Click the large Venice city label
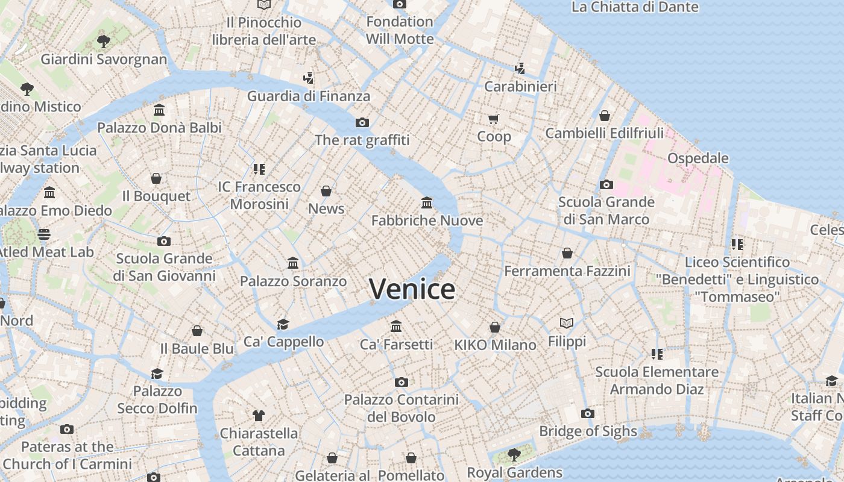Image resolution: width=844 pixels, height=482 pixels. click(x=412, y=289)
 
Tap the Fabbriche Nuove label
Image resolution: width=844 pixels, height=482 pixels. click(x=427, y=221)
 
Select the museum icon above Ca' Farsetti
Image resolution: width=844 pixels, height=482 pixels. click(x=396, y=326)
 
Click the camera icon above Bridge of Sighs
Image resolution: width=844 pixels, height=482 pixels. click(x=588, y=413)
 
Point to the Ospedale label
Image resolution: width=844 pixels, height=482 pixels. click(x=698, y=158)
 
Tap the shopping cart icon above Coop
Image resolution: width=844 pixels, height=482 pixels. click(x=494, y=119)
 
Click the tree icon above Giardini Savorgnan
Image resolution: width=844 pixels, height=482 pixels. click(x=104, y=42)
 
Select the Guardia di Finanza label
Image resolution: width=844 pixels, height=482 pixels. click(x=309, y=96)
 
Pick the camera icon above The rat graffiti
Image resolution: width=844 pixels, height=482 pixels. click(x=362, y=122)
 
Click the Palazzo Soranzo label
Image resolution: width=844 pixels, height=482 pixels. click(x=293, y=281)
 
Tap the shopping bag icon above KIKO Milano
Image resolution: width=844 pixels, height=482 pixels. click(x=495, y=327)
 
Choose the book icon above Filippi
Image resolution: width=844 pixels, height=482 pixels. click(x=566, y=324)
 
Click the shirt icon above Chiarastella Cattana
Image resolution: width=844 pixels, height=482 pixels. click(x=259, y=415)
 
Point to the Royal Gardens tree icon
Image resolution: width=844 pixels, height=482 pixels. click(x=514, y=454)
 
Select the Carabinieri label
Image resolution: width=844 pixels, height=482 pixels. click(x=521, y=86)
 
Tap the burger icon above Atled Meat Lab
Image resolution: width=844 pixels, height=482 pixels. click(x=44, y=234)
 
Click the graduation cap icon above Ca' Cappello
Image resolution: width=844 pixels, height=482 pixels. click(x=283, y=324)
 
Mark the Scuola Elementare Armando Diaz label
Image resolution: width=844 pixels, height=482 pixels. click(x=657, y=381)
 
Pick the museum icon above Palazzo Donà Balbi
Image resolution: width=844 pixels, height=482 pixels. click(x=159, y=110)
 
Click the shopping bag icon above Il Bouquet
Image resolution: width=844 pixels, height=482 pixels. click(x=156, y=178)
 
